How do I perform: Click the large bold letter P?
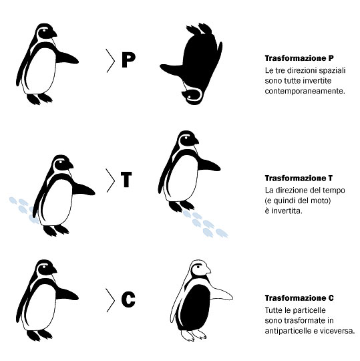128,60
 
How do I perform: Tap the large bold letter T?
126,179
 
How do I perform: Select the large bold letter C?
128,299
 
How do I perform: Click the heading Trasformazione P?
299,58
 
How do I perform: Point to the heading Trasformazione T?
299,178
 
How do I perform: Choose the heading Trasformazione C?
299,298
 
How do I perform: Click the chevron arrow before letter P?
111,61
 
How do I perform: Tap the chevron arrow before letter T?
111,180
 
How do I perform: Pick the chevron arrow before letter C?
111,300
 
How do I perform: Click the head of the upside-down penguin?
192,96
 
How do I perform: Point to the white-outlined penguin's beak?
208,270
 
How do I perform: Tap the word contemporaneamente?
305,91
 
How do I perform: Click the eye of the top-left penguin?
43,30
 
